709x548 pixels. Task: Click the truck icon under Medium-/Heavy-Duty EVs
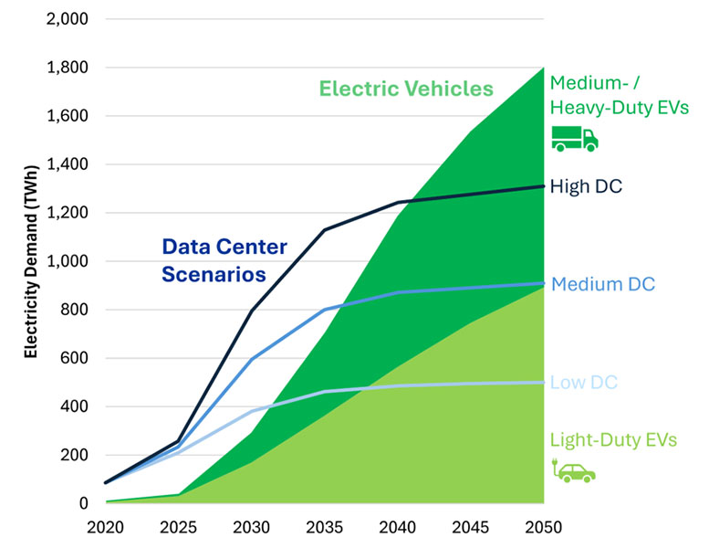575,138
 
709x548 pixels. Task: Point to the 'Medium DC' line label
603,284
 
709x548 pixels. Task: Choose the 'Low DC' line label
580,382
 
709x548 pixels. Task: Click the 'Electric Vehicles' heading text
406,89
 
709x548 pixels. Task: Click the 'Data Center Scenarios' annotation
224,259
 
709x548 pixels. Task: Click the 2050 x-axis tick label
544,527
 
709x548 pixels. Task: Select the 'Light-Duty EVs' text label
613,440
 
